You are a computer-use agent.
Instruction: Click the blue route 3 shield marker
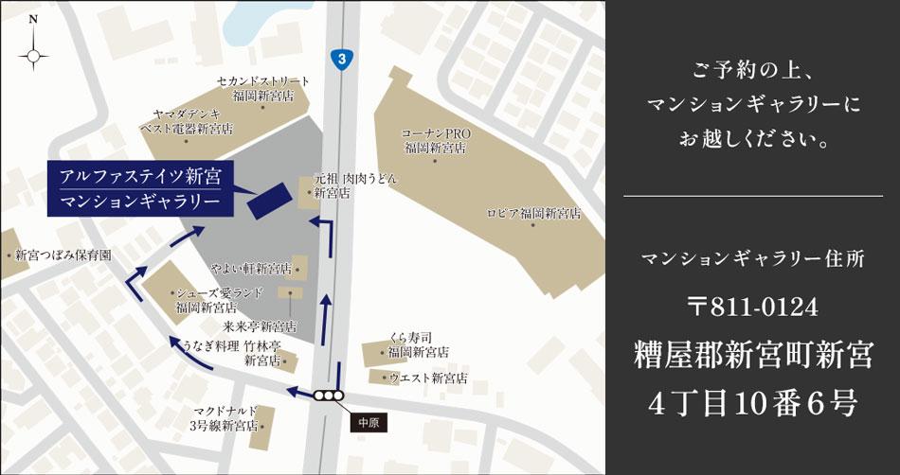pos(341,59)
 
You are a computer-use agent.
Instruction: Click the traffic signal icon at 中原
pos(329,396)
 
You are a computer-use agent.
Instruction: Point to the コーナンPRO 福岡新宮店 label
pos(436,141)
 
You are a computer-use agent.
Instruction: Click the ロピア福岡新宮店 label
pos(533,215)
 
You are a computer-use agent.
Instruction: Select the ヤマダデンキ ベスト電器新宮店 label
pos(186,121)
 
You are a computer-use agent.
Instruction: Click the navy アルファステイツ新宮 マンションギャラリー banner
pos(139,188)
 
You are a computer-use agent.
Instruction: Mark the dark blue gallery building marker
pos(270,200)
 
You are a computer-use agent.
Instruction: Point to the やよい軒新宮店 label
pos(250,269)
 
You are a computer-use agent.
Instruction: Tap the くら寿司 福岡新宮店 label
pos(418,344)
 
